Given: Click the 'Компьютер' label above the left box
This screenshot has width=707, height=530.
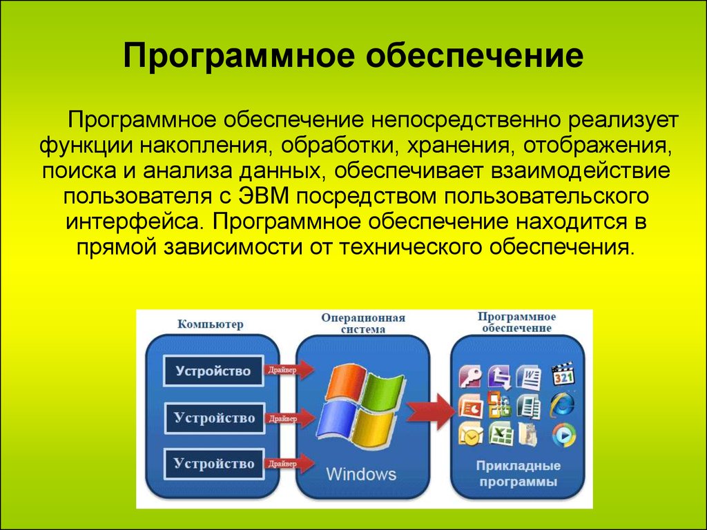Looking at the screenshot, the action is tap(210, 324).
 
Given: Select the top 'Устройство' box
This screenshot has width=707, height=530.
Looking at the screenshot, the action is tap(213, 371).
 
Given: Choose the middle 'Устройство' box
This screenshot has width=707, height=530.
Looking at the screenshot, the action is tap(214, 418).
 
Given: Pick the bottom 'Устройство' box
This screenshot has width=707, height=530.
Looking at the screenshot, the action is tap(214, 464).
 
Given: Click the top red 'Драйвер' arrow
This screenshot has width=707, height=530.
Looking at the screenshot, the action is tap(289, 370).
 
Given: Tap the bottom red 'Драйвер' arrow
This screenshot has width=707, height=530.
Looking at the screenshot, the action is tap(289, 463).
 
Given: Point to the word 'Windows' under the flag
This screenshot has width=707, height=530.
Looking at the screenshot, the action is tap(360, 474).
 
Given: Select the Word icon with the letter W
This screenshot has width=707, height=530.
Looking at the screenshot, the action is tap(529, 376).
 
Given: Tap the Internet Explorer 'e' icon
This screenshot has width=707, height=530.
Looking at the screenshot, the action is tap(563, 404).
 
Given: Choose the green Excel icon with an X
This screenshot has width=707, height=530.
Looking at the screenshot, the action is tap(501, 434).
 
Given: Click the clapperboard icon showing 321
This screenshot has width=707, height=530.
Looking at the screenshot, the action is tap(563, 374).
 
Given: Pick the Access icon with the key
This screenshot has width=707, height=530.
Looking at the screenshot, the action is tap(470, 376).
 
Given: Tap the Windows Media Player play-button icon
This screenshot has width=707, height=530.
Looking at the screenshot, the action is tap(563, 435).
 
